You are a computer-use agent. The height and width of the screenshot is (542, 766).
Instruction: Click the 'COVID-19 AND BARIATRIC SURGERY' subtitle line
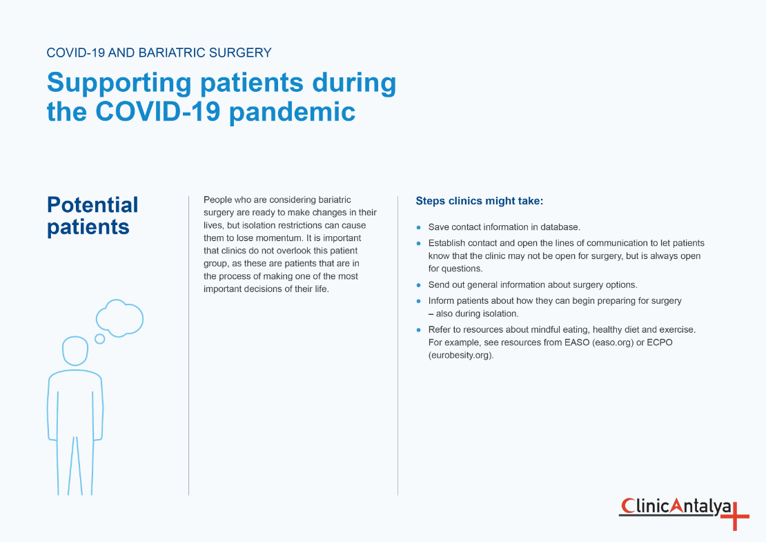159,52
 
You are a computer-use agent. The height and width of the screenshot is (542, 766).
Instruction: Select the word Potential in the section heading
92,205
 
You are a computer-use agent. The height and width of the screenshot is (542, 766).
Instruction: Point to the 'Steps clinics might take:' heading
480,201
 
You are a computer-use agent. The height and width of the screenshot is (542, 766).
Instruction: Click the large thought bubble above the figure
120,318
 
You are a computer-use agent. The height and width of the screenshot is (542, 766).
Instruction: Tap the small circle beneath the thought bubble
99,338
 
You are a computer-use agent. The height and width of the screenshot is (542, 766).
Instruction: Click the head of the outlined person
75,351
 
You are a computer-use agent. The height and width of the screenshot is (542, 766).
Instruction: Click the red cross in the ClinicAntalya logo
735,514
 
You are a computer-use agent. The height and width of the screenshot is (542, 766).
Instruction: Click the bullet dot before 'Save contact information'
418,227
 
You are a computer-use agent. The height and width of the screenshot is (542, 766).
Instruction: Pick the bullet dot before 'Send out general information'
418,284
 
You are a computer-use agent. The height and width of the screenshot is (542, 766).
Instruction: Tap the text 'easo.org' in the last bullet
613,342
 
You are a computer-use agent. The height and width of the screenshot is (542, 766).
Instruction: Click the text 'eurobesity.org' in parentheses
461,356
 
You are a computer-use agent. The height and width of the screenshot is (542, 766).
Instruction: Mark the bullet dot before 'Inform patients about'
418,301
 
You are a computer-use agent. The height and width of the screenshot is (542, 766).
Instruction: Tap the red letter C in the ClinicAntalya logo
627,507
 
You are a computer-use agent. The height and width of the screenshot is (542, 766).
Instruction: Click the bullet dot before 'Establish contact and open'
418,243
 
